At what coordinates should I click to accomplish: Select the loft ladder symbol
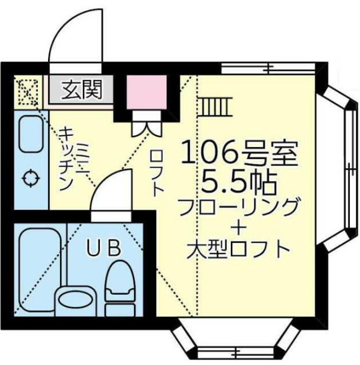[215, 106]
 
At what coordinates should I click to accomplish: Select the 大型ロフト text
[238, 250]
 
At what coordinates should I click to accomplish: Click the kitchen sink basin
[31, 135]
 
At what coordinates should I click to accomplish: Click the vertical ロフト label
[156, 173]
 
